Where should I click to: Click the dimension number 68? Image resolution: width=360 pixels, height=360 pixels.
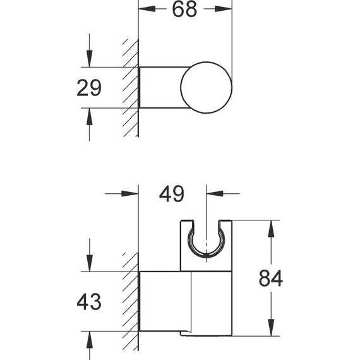184,9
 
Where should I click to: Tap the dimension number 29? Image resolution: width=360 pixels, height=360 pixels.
89,88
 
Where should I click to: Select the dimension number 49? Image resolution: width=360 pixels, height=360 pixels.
172,194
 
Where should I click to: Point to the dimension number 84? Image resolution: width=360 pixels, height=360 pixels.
271,279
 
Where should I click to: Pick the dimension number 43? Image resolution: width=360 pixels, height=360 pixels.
89,302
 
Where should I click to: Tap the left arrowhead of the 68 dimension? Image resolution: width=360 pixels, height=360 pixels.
147,9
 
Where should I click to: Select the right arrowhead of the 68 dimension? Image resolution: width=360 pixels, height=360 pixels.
224,9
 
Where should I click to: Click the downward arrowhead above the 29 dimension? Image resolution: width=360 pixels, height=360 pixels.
89,59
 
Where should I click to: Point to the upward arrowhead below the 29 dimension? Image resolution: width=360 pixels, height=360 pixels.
89,116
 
